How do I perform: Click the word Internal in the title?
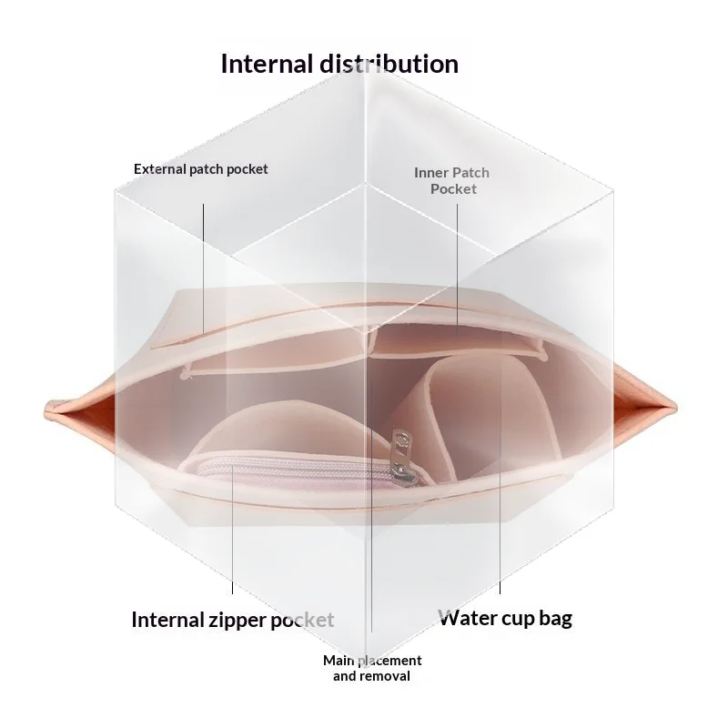267,64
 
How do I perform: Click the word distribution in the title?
389,64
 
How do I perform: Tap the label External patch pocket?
200,169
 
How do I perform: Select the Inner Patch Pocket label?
452,180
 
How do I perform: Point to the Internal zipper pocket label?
233,620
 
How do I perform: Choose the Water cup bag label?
505,618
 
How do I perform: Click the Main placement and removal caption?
372,668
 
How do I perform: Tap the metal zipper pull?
401,459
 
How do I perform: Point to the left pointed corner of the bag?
45,410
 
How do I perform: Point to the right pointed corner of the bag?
674,409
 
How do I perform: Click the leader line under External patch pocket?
203,268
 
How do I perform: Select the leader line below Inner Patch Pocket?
457,268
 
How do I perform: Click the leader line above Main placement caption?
371,507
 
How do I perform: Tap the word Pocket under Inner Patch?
453,189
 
